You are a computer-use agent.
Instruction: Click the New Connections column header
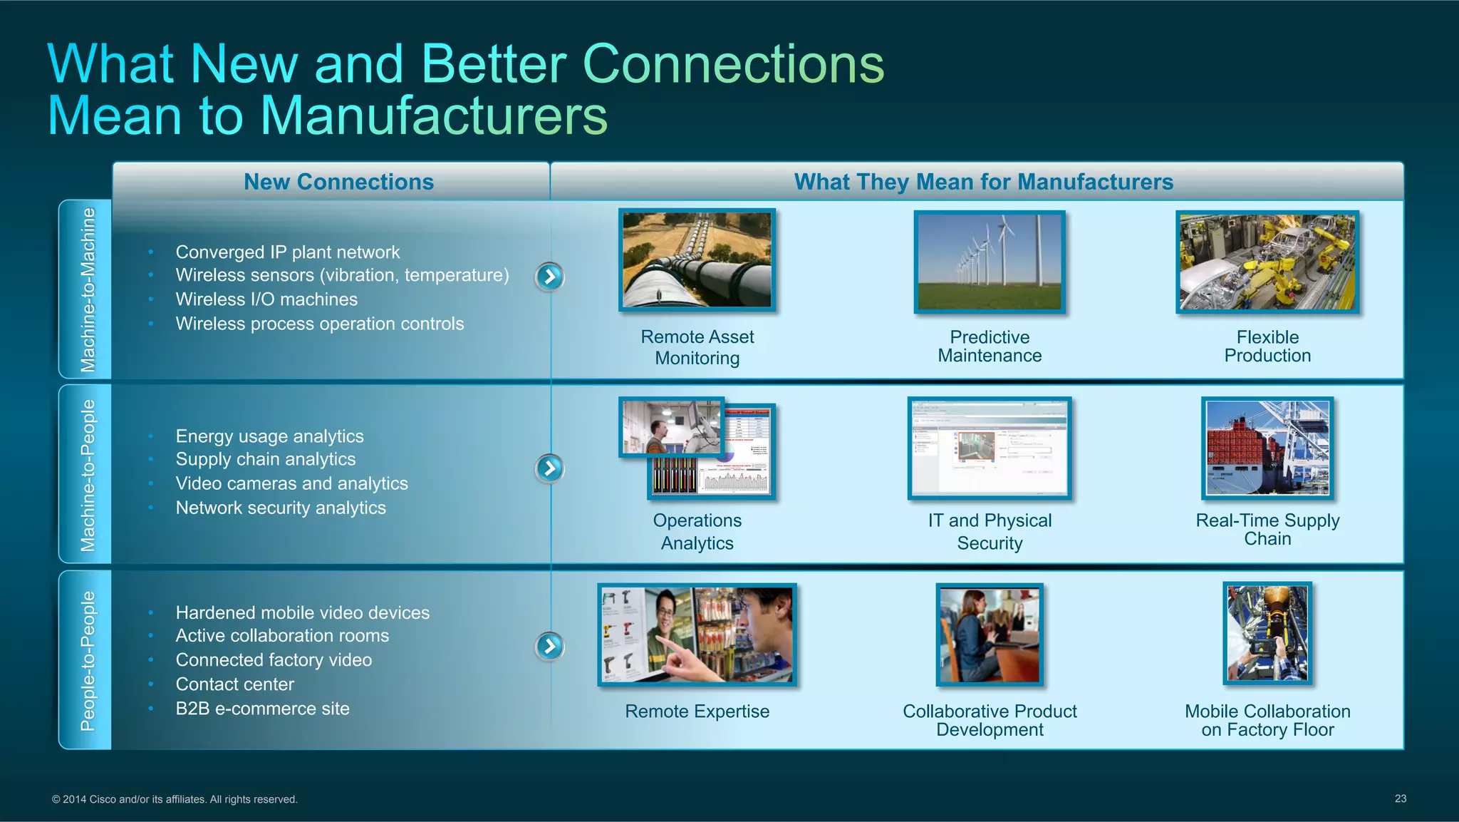[x=338, y=182]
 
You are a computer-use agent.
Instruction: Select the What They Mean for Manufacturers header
[x=983, y=182]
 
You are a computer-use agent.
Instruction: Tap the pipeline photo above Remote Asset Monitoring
[x=697, y=260]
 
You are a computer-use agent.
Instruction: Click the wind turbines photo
[x=990, y=262]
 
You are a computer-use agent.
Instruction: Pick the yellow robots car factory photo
[x=1267, y=262]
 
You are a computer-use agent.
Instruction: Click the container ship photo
[x=1267, y=448]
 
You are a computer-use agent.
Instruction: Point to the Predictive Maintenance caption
[x=990, y=346]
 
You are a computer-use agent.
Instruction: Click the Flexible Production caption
[x=1267, y=346]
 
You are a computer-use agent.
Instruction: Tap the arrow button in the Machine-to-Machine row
[x=549, y=277]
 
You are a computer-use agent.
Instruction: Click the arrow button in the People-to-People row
[x=549, y=646]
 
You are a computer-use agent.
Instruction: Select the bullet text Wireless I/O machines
[x=266, y=299]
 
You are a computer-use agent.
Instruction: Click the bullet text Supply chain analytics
[x=265, y=459]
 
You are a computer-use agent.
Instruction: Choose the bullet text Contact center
[x=234, y=684]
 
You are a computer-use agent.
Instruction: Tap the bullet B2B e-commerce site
[x=262, y=709]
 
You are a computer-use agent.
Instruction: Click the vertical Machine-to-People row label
[x=87, y=475]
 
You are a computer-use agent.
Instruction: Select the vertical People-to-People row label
[x=87, y=660]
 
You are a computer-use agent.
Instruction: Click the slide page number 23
[x=1400, y=798]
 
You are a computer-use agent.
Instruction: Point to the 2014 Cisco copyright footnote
[x=175, y=799]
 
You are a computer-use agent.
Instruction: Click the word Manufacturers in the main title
[x=435, y=115]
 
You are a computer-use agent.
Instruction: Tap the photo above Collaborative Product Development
[x=990, y=635]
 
